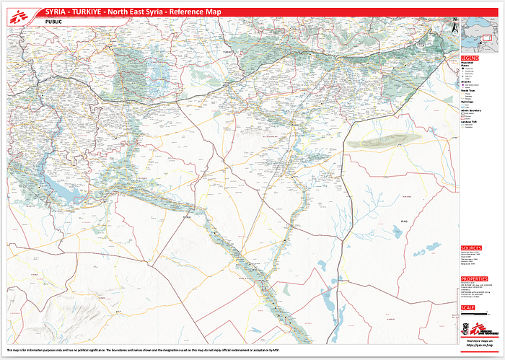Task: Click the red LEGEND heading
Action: point(470,58)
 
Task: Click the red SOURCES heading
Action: point(472,248)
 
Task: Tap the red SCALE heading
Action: point(467,308)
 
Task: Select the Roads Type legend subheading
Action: point(468,90)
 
